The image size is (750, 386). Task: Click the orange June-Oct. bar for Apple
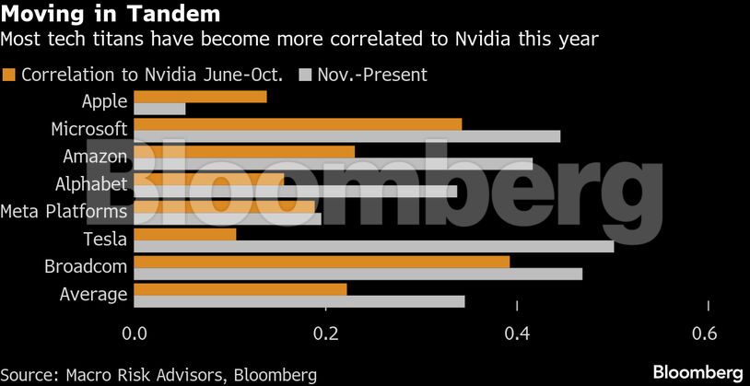pos(201,97)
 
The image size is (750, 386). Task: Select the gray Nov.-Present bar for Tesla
pos(374,246)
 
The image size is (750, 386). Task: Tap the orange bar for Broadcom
pos(322,262)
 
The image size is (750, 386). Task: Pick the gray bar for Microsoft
pos(347,136)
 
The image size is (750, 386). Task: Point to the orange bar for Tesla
pos(185,234)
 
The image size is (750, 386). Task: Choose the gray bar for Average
pos(299,301)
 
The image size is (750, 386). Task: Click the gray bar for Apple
pos(160,109)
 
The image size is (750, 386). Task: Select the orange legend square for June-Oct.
pos(10,75)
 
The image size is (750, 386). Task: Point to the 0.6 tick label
pos(707,333)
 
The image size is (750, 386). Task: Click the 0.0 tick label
pos(135,333)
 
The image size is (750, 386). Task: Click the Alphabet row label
pos(91,183)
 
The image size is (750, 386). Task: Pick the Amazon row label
pos(95,156)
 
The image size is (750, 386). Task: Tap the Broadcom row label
pos(86,266)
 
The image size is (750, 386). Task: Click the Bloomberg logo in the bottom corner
pos(697,371)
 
